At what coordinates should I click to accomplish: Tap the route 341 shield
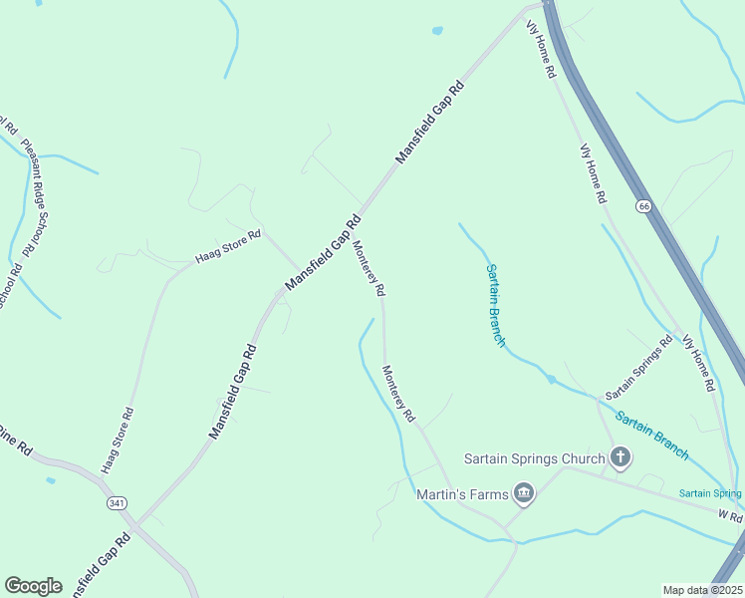118,503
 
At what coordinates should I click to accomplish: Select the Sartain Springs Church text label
535,459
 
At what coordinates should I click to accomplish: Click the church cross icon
621,458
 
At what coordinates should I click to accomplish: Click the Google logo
33,586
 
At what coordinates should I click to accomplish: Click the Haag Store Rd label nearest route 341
117,440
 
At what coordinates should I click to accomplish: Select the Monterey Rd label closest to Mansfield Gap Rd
369,268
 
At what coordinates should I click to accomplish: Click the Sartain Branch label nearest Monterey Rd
495,304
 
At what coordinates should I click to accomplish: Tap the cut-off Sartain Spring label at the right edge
711,493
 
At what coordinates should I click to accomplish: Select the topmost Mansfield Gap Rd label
430,122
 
